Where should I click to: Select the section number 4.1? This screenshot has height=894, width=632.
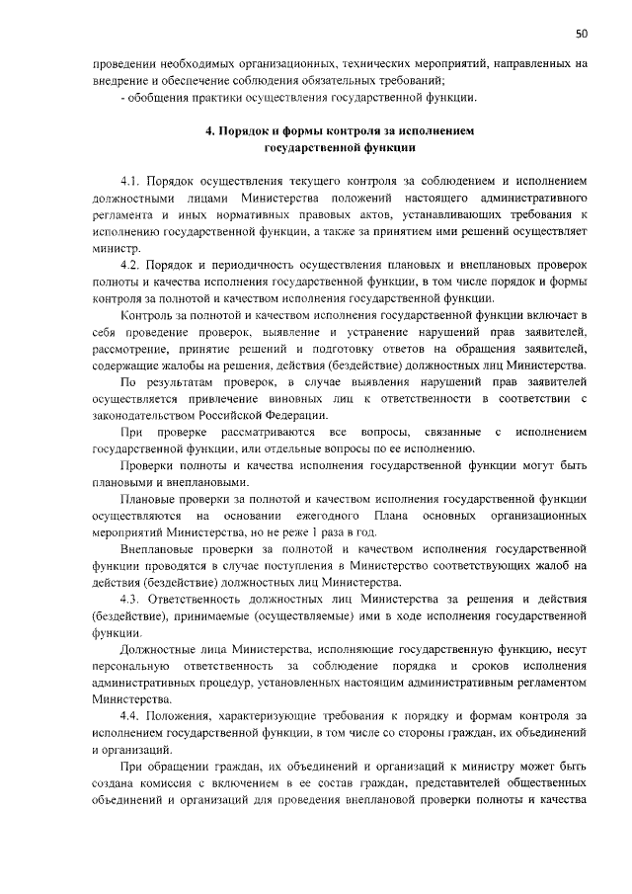[130, 183]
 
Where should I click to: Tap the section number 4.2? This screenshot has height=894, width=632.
[130, 267]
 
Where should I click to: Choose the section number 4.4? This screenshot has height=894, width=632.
[131, 715]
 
